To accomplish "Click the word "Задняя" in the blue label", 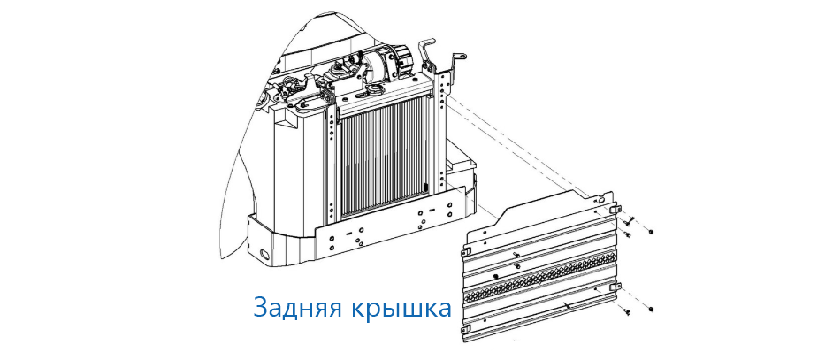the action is coord(297,308).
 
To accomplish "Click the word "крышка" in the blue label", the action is coord(401,308).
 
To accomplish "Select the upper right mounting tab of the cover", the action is coord(615,210).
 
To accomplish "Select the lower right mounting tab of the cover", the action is coord(615,287).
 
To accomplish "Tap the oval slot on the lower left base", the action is coord(262,251).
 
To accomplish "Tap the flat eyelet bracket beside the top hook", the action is coord(458,59).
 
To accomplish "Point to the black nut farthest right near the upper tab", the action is coord(652,232).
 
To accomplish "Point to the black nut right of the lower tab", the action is coord(652,309).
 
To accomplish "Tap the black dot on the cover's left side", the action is coord(495,277).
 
